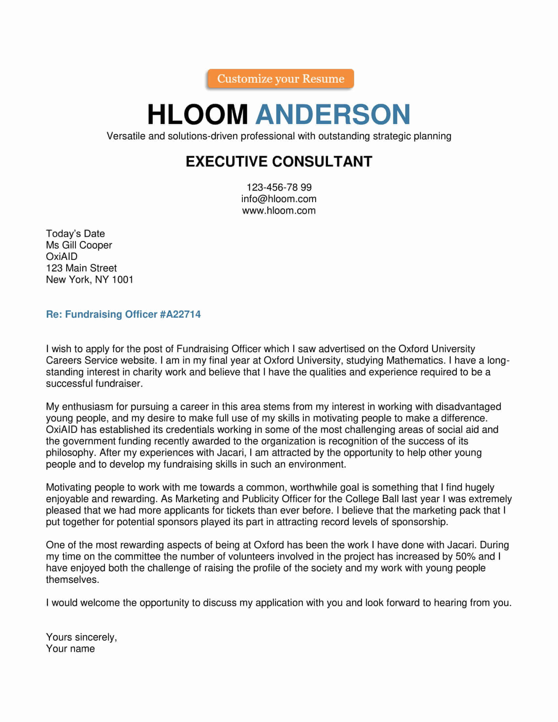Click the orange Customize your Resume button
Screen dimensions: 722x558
click(x=280, y=79)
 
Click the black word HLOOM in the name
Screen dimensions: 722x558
click(x=197, y=115)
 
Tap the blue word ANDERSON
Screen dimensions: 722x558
click(x=333, y=115)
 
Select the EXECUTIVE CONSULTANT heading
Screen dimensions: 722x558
click(x=279, y=162)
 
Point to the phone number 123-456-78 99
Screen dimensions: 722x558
click(x=279, y=187)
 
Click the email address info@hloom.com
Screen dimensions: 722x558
click(x=279, y=199)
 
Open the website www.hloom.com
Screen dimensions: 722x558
click(x=279, y=211)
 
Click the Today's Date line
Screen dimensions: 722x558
click(x=75, y=234)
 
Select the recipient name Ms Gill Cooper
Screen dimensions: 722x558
click(x=79, y=245)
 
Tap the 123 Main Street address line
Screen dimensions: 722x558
click(x=81, y=268)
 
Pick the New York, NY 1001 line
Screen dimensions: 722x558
click(x=90, y=280)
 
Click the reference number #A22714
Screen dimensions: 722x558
click(x=180, y=314)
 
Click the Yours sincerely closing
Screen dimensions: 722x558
click(x=81, y=637)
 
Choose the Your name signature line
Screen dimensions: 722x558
click(x=71, y=649)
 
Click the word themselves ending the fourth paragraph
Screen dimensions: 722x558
click(x=72, y=580)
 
